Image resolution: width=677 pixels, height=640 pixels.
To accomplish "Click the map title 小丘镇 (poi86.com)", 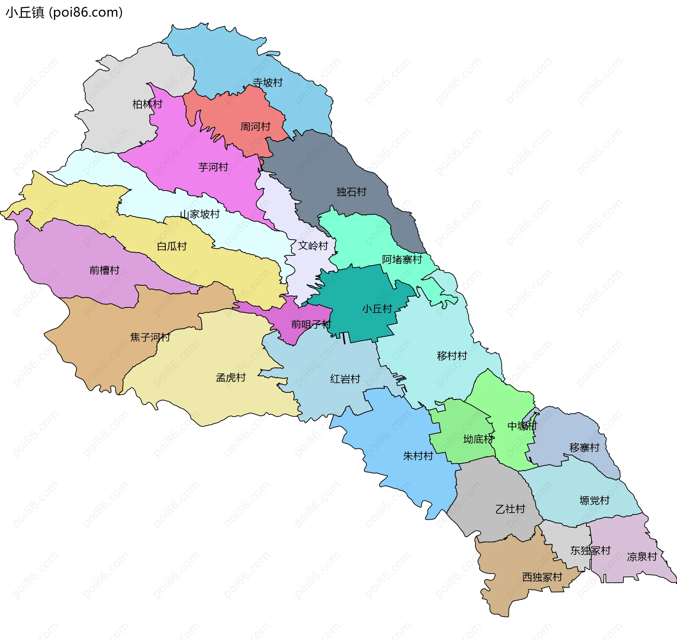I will pyautogui.click(x=64, y=13).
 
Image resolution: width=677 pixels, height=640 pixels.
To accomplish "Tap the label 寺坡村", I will pyautogui.click(x=268, y=83).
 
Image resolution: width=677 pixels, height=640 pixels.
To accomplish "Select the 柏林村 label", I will pyautogui.click(x=147, y=104).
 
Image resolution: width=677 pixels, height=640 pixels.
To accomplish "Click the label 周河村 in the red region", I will pyautogui.click(x=255, y=127).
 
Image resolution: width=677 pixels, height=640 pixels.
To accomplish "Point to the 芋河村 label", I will pyautogui.click(x=213, y=167).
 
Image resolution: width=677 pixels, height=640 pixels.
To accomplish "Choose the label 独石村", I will pyautogui.click(x=351, y=192).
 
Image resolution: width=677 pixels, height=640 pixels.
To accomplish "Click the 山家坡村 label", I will pyautogui.click(x=200, y=215).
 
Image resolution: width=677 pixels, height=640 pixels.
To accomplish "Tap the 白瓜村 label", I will pyautogui.click(x=172, y=247).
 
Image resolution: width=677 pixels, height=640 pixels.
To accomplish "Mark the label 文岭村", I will pyautogui.click(x=313, y=246).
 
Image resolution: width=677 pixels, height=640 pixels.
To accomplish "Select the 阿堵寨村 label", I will pyautogui.click(x=402, y=260).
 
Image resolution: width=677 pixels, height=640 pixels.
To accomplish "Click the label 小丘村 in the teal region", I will pyautogui.click(x=377, y=309).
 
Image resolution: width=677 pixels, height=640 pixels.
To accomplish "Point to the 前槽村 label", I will pyautogui.click(x=104, y=271).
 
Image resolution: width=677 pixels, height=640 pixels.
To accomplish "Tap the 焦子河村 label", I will pyautogui.click(x=150, y=338).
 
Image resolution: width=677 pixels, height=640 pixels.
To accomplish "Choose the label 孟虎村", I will pyautogui.click(x=231, y=378).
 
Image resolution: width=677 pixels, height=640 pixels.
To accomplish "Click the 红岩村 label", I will pyautogui.click(x=345, y=379).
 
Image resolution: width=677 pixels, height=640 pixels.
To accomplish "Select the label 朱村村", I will pyautogui.click(x=418, y=456).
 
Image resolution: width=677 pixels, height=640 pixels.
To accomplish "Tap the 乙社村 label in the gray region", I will pyautogui.click(x=510, y=509).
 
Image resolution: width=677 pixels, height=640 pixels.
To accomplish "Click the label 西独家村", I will pyautogui.click(x=542, y=577).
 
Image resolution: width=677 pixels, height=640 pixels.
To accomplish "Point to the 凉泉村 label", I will pyautogui.click(x=642, y=557).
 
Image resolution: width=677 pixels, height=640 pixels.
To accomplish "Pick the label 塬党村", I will pyautogui.click(x=594, y=501).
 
